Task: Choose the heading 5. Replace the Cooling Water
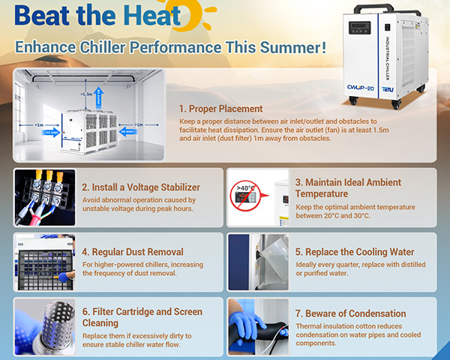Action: point(355,252)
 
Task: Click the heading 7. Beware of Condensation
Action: point(350,313)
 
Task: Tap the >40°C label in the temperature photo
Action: point(244,187)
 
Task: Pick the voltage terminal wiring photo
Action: point(43,196)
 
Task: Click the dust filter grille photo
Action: point(43,260)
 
